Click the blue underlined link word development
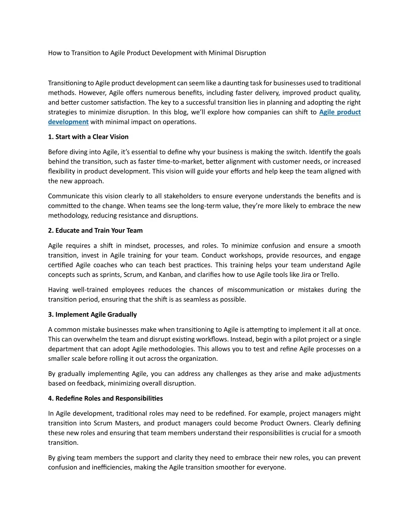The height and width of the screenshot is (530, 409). pos(68,122)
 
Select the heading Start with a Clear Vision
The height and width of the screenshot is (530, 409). pos(92,137)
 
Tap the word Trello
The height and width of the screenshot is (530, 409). pos(330,275)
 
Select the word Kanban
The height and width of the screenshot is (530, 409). pos(171,275)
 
